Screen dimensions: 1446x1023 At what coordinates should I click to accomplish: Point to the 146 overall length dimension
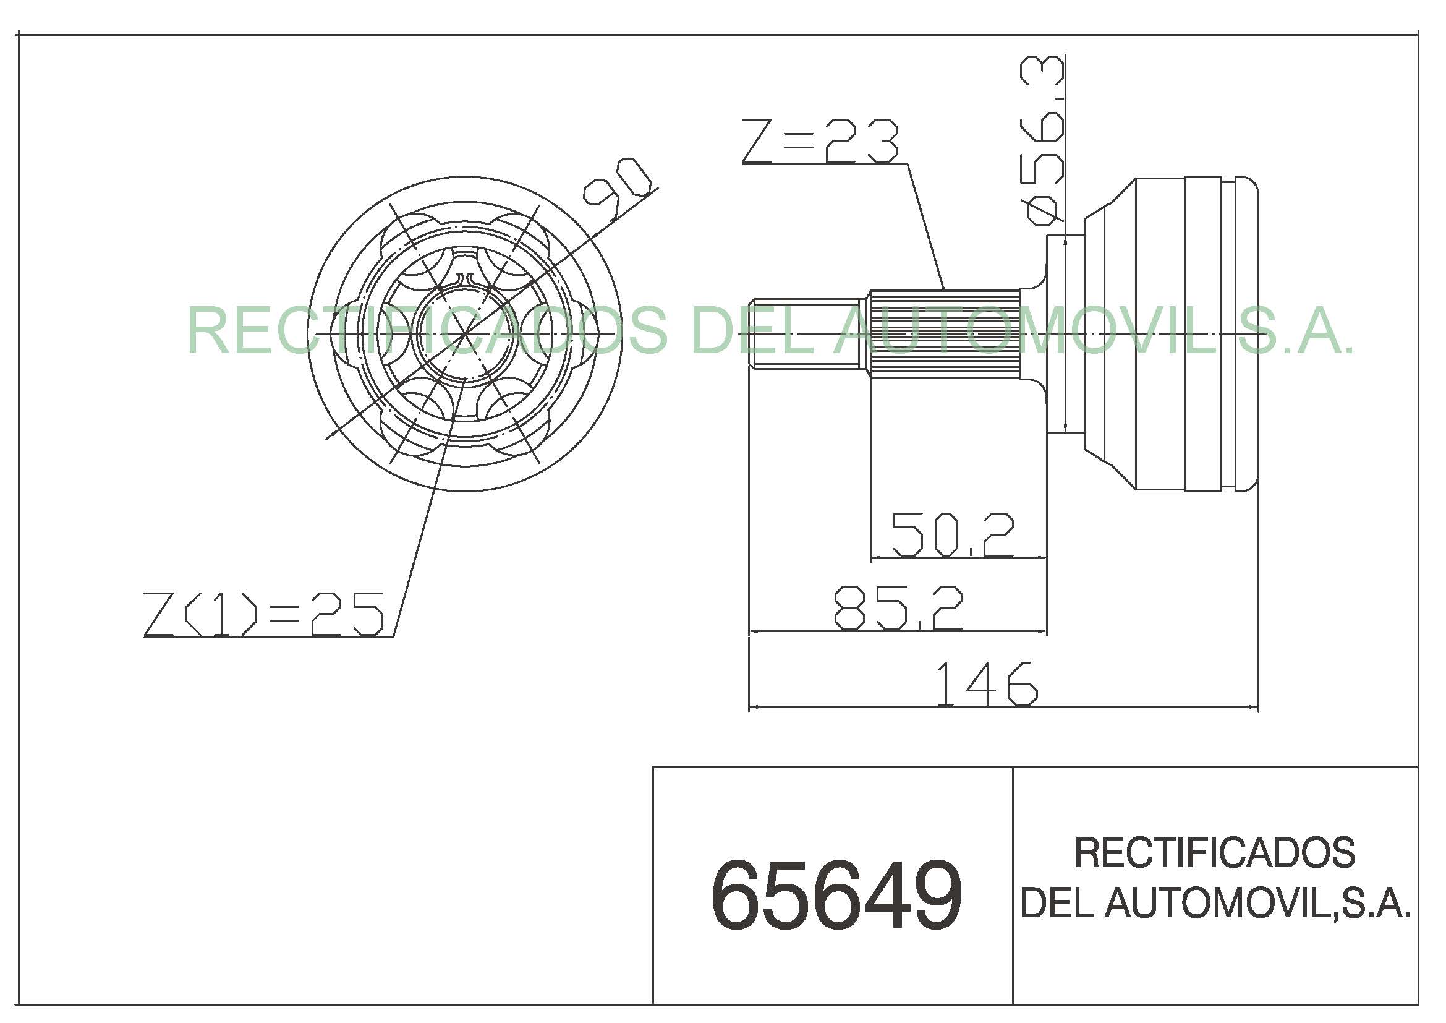[986, 684]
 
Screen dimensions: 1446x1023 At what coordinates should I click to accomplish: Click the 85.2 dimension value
[899, 608]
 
